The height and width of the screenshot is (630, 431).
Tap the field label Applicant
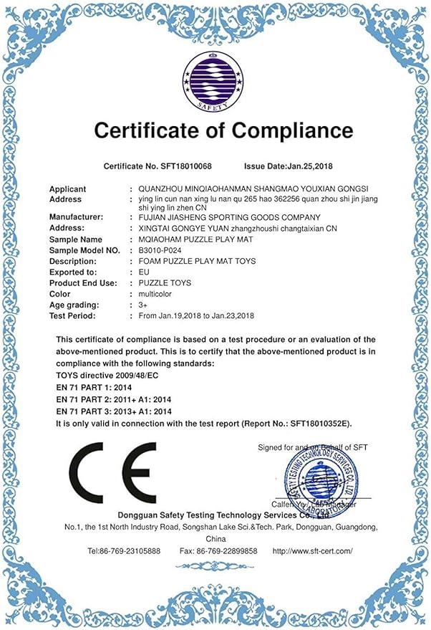68,189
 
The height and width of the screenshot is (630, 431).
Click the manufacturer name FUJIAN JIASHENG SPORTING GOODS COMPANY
229,216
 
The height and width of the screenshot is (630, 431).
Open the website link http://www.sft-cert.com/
313,551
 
